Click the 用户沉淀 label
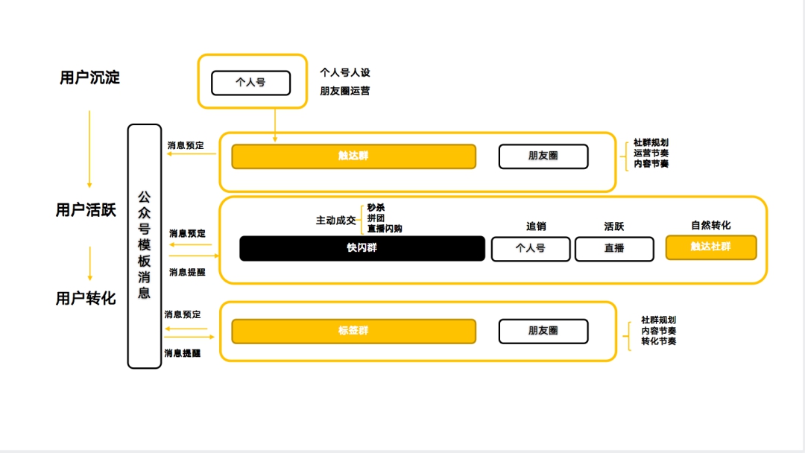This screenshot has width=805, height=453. coord(89,77)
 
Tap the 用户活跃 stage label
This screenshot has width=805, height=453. coord(86,210)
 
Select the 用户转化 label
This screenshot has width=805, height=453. coord(86,298)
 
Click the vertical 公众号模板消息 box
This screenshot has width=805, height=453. coord(145,246)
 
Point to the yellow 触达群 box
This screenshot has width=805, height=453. coord(353,156)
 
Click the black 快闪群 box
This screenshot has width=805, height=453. coord(362,248)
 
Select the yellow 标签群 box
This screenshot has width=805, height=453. coord(353,331)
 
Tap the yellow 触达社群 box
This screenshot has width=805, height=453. coord(710,247)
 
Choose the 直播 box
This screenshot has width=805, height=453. coord(614,249)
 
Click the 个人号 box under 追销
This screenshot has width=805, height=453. coord(530,249)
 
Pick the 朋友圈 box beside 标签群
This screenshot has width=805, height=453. coord(543,331)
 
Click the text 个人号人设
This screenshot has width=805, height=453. coord(345,73)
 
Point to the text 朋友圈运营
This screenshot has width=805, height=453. coord(345,91)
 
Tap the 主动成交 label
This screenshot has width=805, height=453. coord(336,221)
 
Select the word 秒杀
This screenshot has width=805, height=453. coord(376,208)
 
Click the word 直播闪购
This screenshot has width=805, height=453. coord(385,229)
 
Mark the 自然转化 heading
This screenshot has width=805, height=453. coord(710,225)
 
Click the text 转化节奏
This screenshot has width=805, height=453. coord(659,341)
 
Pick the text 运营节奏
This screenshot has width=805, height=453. coord(651,153)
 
